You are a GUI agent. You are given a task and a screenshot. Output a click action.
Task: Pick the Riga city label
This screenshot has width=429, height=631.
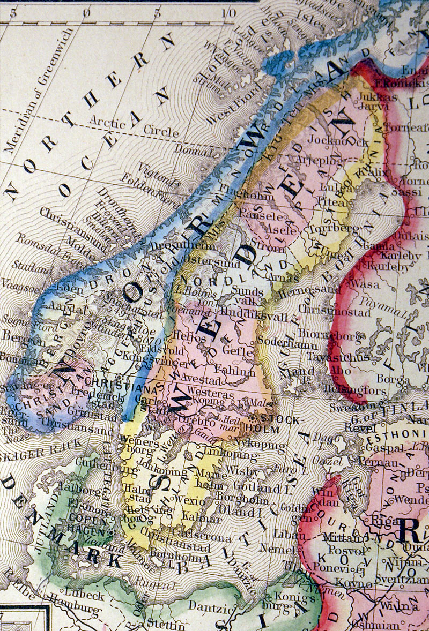point(379,520)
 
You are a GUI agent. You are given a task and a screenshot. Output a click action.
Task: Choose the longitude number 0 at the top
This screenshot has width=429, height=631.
point(87,11)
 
